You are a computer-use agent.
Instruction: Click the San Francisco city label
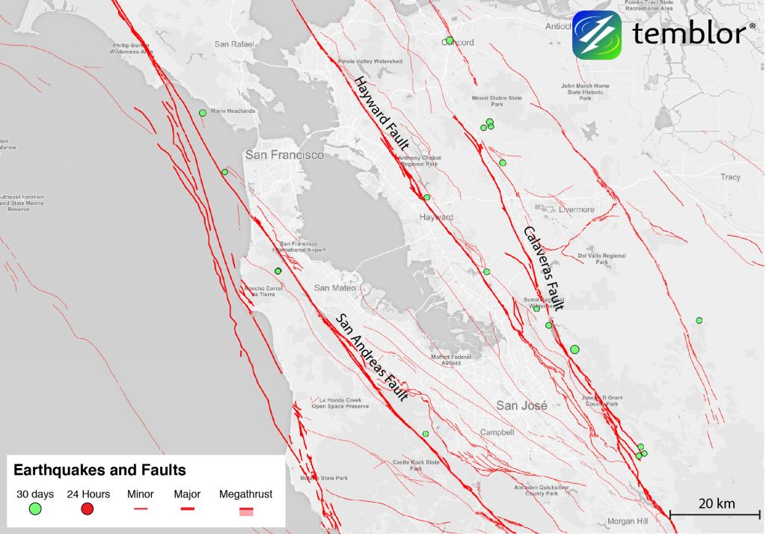coord(284,155)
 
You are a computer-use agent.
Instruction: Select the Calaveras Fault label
coord(543,268)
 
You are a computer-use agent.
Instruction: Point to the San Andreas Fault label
coord(372,356)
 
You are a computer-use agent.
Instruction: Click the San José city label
coord(522,405)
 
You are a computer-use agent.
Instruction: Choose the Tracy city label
coord(730,177)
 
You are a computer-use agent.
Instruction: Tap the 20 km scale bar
coord(714,513)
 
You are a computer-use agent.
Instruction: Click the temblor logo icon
coord(597,34)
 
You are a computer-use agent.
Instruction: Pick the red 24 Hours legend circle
coord(88,509)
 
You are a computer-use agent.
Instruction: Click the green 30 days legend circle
coord(34,509)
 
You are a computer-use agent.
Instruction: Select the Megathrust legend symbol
coord(245,511)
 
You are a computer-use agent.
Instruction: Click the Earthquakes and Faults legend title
coord(99,470)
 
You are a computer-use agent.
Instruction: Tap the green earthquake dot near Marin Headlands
coord(202,113)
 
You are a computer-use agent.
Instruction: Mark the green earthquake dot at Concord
coord(449,40)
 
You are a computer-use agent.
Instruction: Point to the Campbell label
coord(497,432)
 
